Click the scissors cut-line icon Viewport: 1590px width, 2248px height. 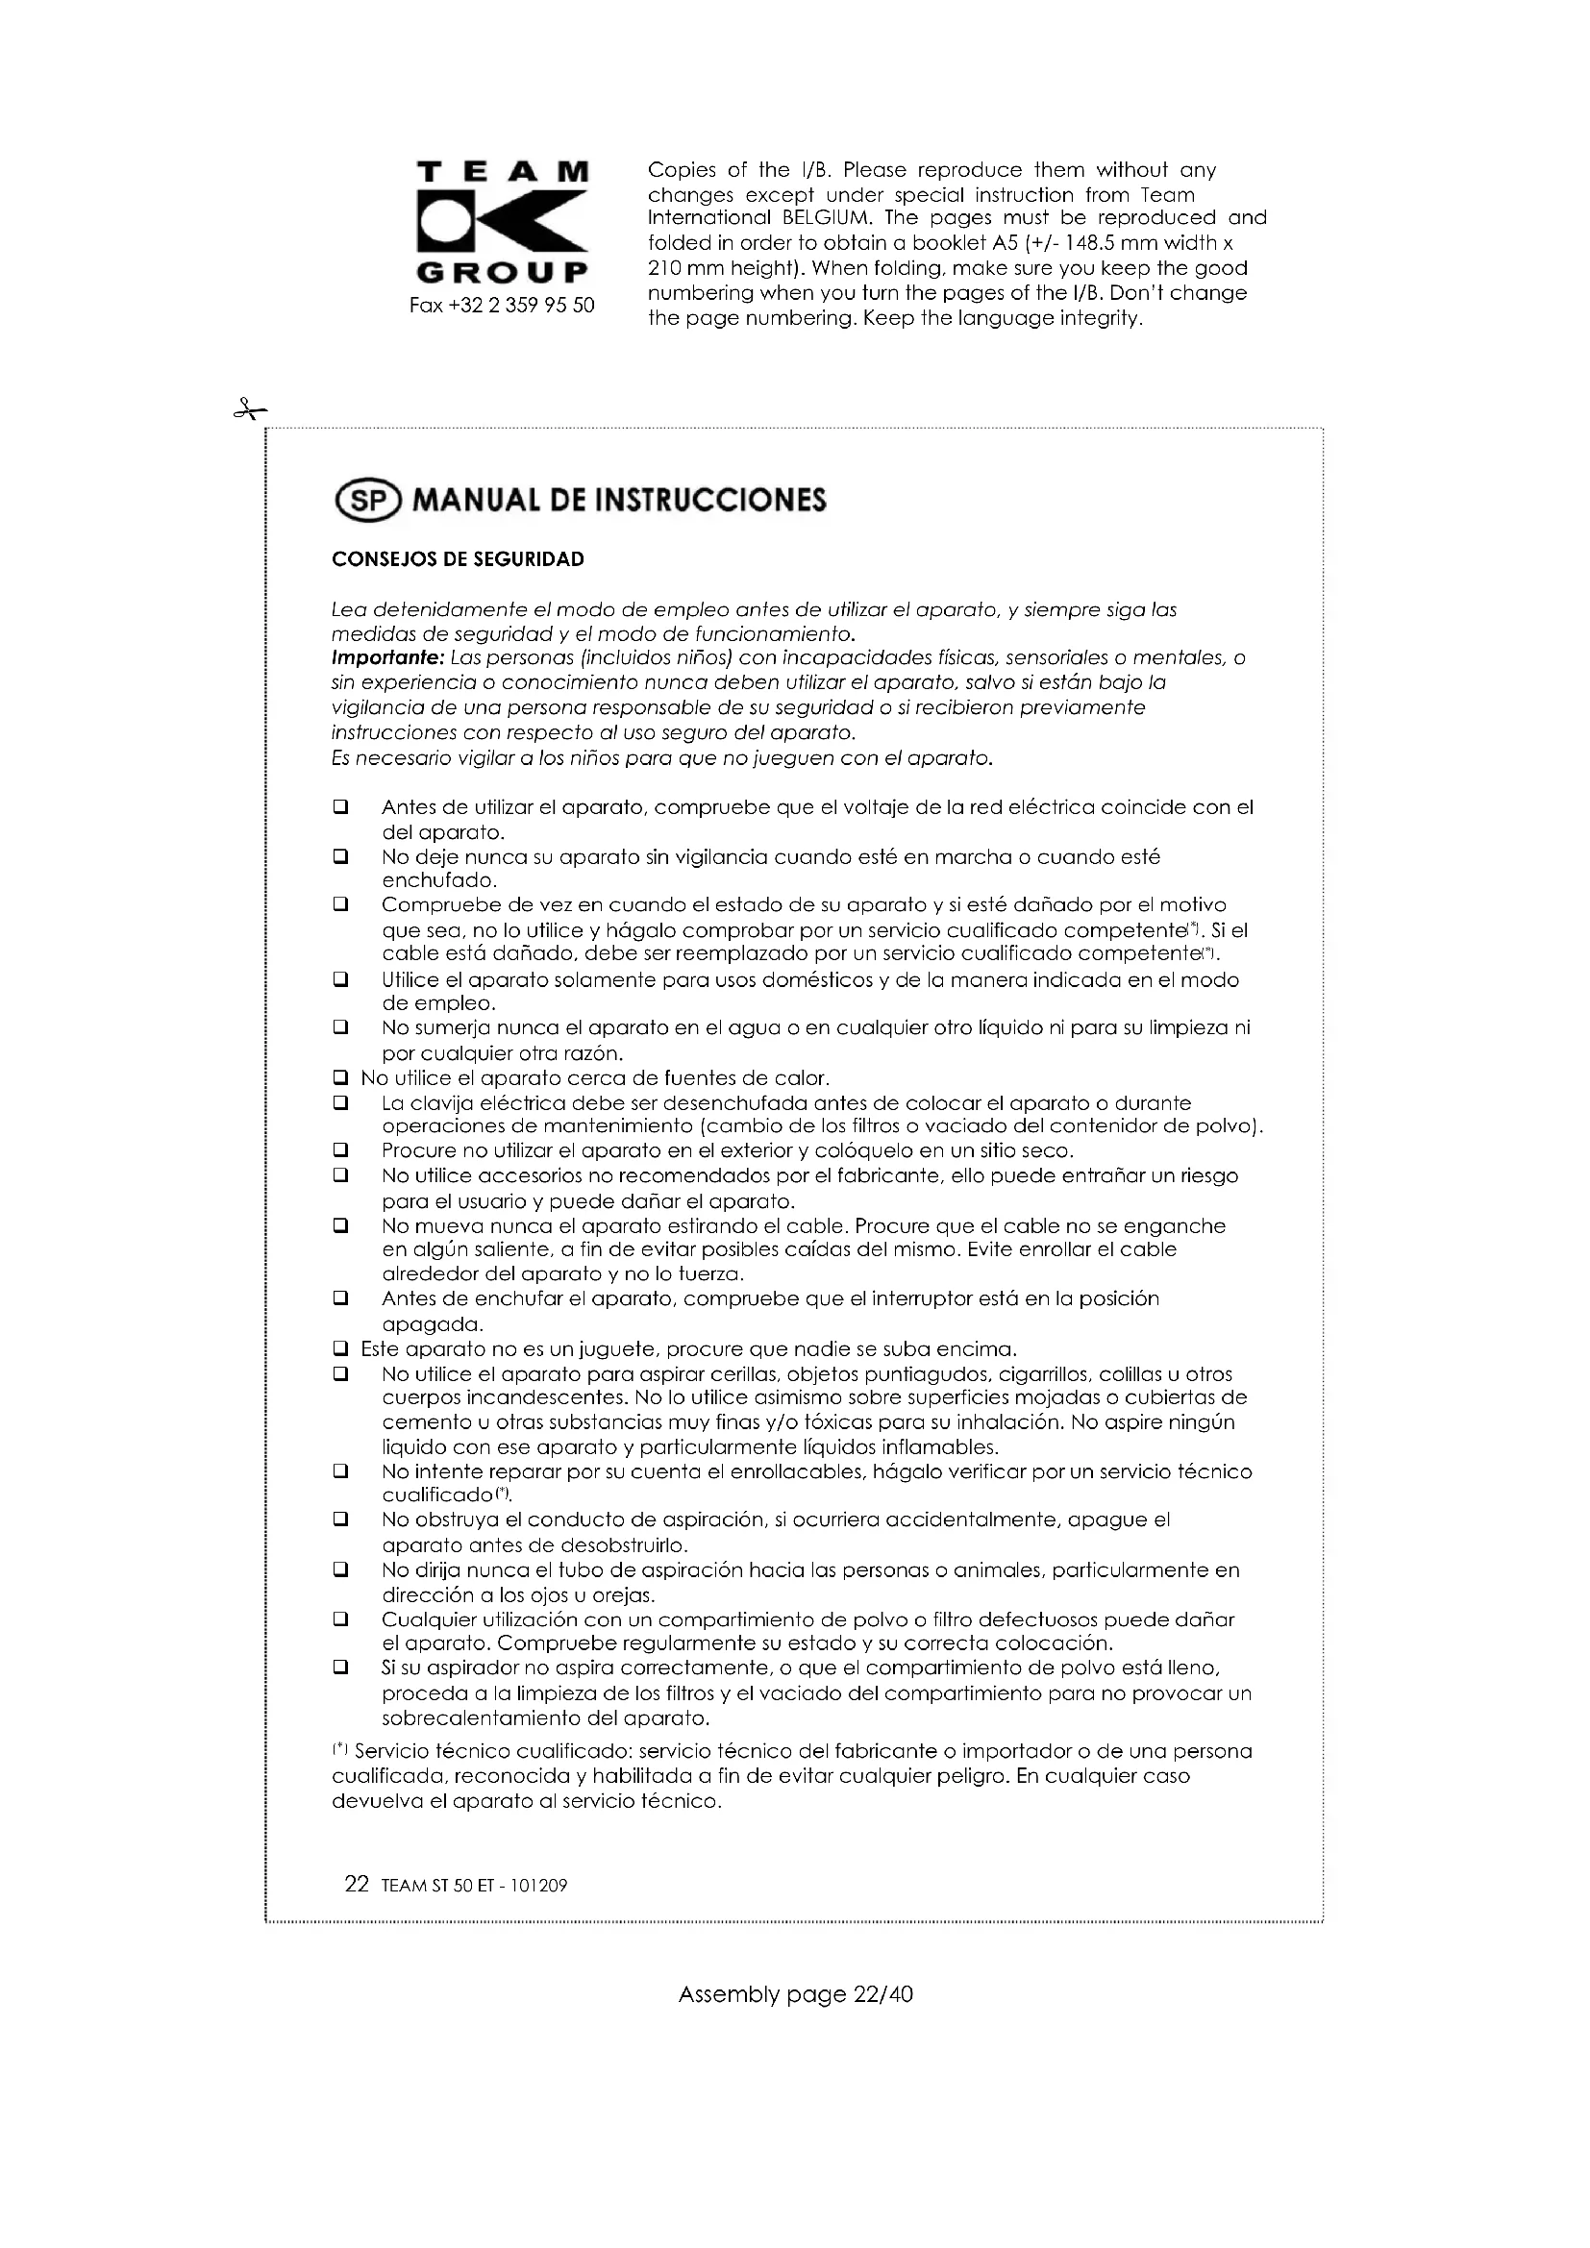coord(250,410)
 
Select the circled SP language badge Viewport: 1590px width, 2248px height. coord(368,501)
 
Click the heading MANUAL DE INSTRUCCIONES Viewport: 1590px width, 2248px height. coord(619,501)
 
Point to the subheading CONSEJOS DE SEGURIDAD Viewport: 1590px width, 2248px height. coord(458,559)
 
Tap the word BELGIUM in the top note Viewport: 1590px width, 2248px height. coord(824,218)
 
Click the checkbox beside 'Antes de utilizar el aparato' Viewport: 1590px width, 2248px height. coord(340,807)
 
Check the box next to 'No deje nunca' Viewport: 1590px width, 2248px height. coord(340,857)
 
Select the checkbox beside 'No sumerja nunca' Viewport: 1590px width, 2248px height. coord(340,1028)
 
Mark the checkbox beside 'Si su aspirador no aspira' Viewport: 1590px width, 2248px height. coord(340,1667)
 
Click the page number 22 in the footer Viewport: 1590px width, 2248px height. coord(357,1885)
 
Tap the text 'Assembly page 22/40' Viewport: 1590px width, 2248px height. coord(795,1994)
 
